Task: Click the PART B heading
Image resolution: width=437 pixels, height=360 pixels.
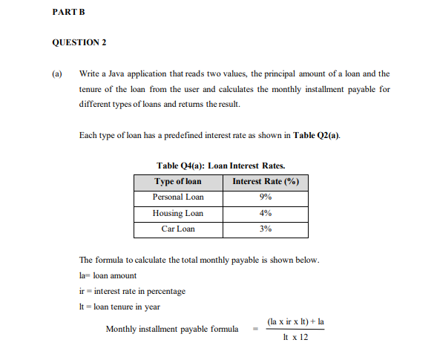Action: point(68,13)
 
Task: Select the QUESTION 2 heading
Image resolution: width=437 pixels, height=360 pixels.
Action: point(79,42)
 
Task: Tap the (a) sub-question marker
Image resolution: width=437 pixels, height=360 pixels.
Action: point(57,74)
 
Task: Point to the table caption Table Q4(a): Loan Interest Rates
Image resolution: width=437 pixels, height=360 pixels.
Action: point(221,166)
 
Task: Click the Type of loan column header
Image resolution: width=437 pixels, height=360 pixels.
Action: point(177,182)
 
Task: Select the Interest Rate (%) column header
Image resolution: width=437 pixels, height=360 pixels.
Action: point(265,182)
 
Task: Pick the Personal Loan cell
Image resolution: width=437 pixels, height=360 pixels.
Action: point(177,197)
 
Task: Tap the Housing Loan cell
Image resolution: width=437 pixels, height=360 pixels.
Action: point(177,213)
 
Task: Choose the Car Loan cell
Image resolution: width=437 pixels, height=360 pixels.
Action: point(177,229)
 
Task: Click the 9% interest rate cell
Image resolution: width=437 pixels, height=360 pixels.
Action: point(265,197)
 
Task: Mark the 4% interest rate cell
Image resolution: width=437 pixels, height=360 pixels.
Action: point(265,213)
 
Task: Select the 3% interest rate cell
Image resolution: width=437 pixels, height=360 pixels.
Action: point(265,229)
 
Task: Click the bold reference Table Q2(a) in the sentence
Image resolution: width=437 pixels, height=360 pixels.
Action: point(317,135)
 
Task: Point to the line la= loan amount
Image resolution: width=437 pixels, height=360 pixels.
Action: point(107,275)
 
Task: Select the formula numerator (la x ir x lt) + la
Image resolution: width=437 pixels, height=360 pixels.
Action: point(297,321)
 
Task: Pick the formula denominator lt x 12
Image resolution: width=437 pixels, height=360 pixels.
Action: point(295,337)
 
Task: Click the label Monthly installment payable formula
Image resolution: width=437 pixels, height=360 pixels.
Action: point(172,329)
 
